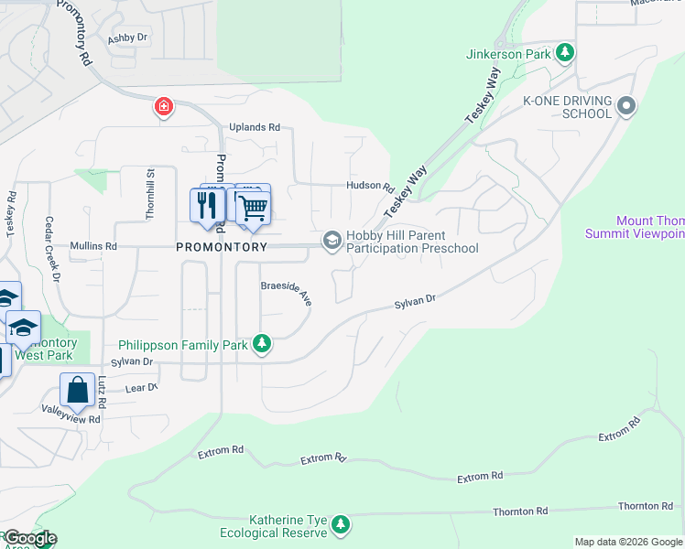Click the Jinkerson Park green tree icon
point(567,53)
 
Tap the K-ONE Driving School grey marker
point(626,106)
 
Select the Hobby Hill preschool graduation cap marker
point(332,241)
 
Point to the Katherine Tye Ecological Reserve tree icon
point(341,524)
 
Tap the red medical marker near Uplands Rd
point(163,107)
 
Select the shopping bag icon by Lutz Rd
point(78,389)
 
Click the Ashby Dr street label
point(127,38)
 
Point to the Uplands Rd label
point(254,128)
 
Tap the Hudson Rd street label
point(369,185)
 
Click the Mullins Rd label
point(93,247)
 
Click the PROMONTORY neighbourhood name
point(222,247)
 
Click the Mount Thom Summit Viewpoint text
point(635,227)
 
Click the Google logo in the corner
point(29,538)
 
